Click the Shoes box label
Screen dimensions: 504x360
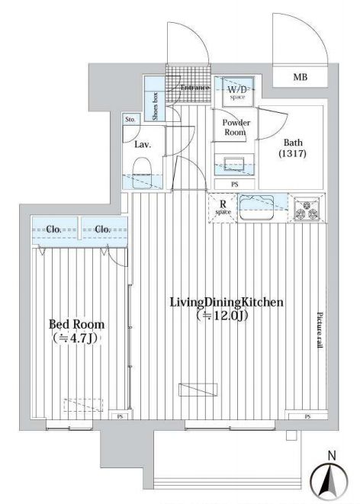tap(156, 107)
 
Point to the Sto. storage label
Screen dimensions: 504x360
tap(130, 120)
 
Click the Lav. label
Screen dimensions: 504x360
tap(142, 143)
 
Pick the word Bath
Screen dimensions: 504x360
tap(294, 142)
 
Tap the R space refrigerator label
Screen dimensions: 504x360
tap(223, 205)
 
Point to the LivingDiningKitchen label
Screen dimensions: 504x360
tap(227, 303)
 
